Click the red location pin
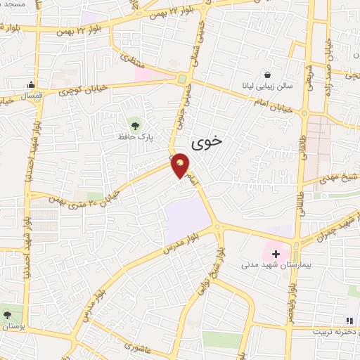[181, 166]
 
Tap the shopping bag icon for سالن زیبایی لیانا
[267, 74]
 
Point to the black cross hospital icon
[276, 253]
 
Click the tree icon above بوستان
[7, 314]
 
